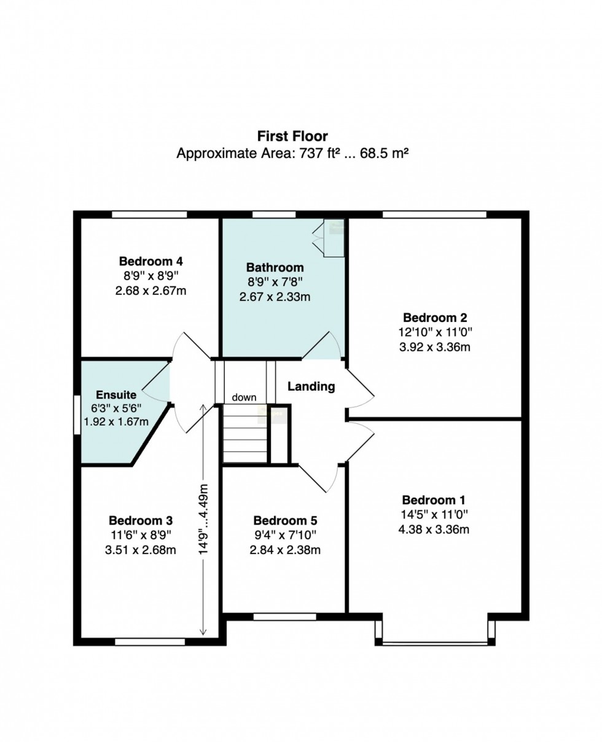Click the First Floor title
[292, 136]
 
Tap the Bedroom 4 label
[151, 261]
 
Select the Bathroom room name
[275, 267]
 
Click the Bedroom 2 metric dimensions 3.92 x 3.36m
[434, 347]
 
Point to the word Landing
[311, 386]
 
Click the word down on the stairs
[244, 397]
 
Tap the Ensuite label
[116, 395]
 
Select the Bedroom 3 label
[141, 520]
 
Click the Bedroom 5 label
[285, 520]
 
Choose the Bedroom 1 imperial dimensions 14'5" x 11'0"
[434, 515]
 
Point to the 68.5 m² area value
[384, 154]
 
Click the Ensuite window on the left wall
[77, 415]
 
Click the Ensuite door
[156, 381]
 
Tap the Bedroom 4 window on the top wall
[149, 214]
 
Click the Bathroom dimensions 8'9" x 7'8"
[275, 281]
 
